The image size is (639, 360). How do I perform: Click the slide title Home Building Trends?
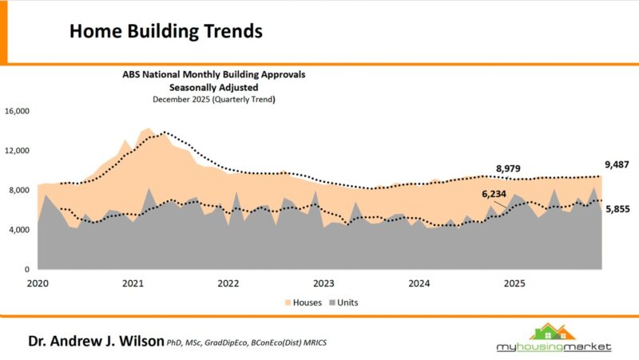[166, 31]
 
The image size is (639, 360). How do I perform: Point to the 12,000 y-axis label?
[17, 150]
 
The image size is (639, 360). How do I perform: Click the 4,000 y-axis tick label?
[19, 230]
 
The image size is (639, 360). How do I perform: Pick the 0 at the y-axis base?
[27, 270]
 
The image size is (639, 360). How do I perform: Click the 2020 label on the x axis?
[38, 283]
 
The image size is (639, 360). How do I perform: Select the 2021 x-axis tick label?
[133, 283]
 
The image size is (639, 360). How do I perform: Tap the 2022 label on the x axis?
[228, 283]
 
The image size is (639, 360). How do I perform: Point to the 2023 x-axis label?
[323, 283]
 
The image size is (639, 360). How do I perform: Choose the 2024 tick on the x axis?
[419, 283]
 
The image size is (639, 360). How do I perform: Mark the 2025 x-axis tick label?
[514, 283]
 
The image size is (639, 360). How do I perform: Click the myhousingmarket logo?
[551, 339]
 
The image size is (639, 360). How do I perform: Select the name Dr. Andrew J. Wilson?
[96, 341]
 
